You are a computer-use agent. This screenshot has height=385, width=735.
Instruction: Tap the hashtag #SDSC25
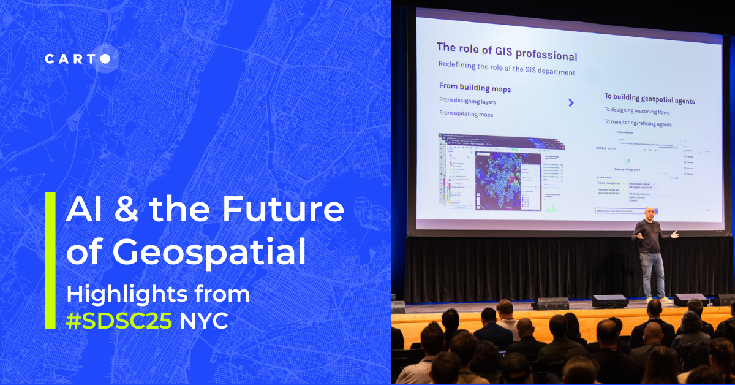pyautogui.click(x=119, y=321)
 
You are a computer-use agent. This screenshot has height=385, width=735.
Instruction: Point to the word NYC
pyautogui.click(x=203, y=321)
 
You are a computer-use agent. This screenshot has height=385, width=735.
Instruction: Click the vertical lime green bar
pyautogui.click(x=50, y=261)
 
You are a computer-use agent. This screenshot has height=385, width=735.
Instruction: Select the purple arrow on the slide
pyautogui.click(x=571, y=102)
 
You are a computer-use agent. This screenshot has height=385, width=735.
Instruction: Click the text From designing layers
pyautogui.click(x=467, y=101)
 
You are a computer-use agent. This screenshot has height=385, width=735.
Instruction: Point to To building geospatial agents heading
pyautogui.click(x=649, y=99)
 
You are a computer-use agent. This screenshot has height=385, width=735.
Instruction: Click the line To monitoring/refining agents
pyautogui.click(x=638, y=123)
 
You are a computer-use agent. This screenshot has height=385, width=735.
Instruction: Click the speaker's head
pyautogui.click(x=648, y=213)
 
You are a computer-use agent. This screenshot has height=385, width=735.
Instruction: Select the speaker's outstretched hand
pyautogui.click(x=675, y=233)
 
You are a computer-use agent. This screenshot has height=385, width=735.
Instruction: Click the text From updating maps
pyautogui.click(x=466, y=113)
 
